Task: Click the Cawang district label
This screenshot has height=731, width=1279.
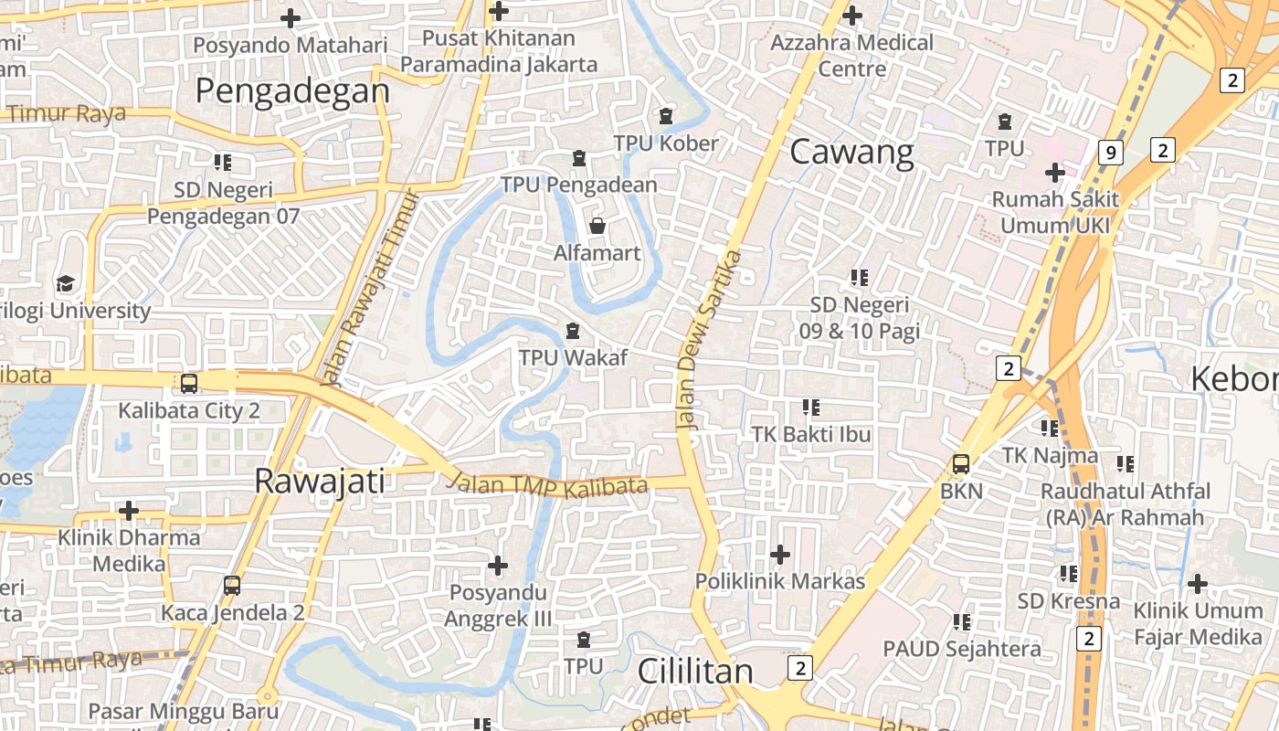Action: [x=851, y=152]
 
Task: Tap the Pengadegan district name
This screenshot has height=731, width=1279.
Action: [x=292, y=90]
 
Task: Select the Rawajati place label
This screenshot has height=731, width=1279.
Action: [x=320, y=481]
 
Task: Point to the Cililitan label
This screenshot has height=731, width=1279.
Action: [x=695, y=671]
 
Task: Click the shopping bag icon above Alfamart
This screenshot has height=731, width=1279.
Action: [x=597, y=225]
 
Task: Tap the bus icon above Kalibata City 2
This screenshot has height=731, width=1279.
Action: [x=189, y=384]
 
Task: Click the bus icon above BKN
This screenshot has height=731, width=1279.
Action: [x=961, y=464]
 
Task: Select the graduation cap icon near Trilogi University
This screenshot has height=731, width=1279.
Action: [x=65, y=283]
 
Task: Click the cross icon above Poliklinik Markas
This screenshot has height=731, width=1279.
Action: [x=780, y=554]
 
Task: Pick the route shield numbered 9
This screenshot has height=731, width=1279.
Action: [x=1110, y=153]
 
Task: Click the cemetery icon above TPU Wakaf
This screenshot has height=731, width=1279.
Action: [x=573, y=330]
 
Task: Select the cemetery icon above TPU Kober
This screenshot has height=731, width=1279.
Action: [x=666, y=116]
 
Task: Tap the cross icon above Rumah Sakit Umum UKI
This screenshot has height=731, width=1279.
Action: [x=1055, y=172]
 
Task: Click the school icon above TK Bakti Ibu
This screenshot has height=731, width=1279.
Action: [x=811, y=407]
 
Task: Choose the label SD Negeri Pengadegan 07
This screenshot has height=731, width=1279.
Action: [x=224, y=204]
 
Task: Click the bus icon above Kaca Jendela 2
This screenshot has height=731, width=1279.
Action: [x=232, y=585]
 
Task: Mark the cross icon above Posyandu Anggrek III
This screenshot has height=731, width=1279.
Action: [x=498, y=566]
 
